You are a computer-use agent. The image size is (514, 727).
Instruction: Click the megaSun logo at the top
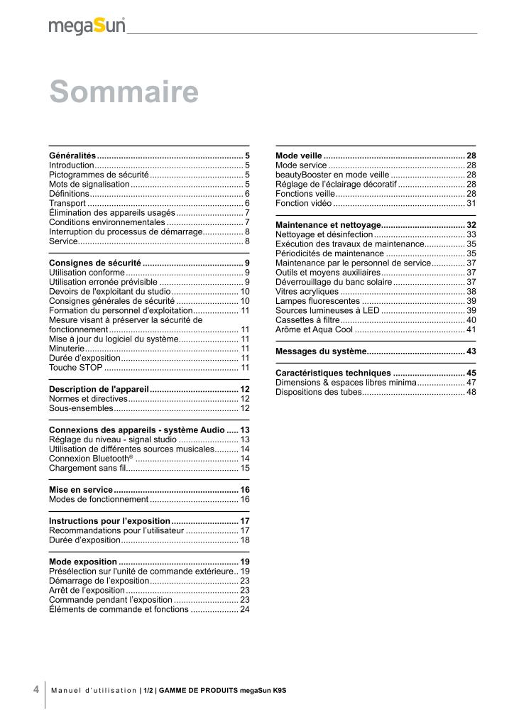click(x=87, y=26)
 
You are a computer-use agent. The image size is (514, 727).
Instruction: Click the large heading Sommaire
click(x=124, y=93)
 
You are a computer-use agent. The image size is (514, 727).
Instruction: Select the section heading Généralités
click(x=72, y=155)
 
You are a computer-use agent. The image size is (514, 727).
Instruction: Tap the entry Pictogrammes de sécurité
click(x=99, y=174)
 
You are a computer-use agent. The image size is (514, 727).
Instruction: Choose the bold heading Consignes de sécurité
click(x=94, y=263)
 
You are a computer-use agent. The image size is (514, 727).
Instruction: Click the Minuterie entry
click(x=67, y=349)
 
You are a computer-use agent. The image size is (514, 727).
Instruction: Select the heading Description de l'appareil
click(x=99, y=389)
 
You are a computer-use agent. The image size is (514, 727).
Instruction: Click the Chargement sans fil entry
click(x=87, y=469)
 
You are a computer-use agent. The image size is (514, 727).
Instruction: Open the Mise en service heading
click(x=81, y=490)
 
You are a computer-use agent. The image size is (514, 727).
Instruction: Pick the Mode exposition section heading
click(x=82, y=562)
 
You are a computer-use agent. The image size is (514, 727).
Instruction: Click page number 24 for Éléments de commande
click(x=245, y=609)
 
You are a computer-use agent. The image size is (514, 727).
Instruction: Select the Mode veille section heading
click(x=299, y=155)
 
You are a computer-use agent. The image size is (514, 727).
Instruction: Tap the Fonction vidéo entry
click(x=303, y=203)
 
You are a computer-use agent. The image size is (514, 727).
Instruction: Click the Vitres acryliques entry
click(x=307, y=291)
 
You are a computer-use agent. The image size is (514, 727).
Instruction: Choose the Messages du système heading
click(x=320, y=351)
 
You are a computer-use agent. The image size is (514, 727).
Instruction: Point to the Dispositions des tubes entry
click(x=318, y=392)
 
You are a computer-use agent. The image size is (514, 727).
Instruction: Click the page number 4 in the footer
click(x=35, y=689)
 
